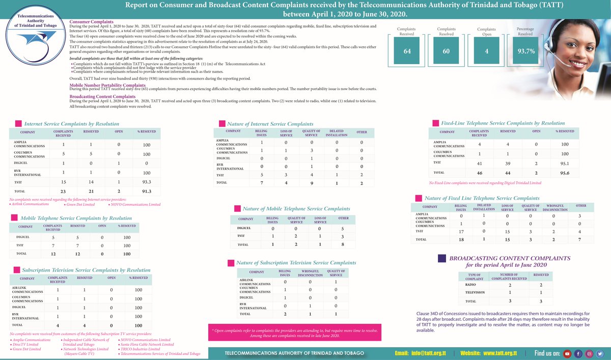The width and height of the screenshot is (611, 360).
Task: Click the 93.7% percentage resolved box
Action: (525, 51)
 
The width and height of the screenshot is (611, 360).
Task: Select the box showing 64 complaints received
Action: (407, 51)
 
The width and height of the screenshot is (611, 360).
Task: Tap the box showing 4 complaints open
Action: (486, 51)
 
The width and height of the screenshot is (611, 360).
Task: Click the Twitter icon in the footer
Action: (600, 353)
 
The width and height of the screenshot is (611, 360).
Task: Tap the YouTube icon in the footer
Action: (567, 353)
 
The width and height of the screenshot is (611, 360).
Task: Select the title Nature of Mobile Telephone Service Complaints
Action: (296, 209)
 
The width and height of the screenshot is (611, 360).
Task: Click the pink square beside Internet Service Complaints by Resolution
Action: (18, 124)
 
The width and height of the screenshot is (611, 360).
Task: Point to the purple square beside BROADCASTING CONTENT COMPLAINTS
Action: (442, 259)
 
